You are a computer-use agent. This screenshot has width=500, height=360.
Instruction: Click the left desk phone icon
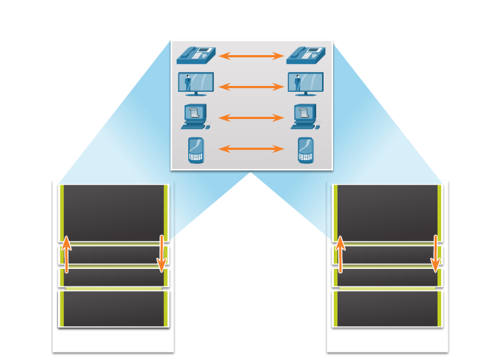point(196,55)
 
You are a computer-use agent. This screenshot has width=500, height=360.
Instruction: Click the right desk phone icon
point(306,55)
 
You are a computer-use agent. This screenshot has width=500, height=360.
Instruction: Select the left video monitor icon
point(196,84)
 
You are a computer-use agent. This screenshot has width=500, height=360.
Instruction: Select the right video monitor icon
point(306,84)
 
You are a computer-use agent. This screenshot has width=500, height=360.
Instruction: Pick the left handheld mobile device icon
point(196,149)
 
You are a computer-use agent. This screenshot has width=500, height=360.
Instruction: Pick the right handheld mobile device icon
point(306,149)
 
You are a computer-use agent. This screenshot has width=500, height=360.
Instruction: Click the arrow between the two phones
point(251,56)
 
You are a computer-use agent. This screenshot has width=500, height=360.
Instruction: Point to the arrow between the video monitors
point(251,87)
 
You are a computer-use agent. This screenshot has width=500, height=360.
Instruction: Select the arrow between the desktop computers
point(251,118)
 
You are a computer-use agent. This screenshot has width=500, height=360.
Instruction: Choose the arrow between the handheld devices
point(251,149)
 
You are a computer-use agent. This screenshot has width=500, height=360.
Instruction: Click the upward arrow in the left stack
point(66,254)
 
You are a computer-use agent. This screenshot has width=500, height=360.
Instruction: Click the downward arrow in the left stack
point(161,253)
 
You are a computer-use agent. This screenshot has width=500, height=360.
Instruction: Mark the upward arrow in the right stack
point(340,254)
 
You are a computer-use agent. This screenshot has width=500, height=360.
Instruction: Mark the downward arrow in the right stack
point(435,253)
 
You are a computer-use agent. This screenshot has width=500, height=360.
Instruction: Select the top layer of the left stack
point(114,212)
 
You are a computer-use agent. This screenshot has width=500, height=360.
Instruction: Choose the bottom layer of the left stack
point(114,309)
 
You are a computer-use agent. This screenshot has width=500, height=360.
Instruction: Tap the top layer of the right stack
point(387,212)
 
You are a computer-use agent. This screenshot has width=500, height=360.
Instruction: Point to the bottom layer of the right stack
point(387,309)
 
